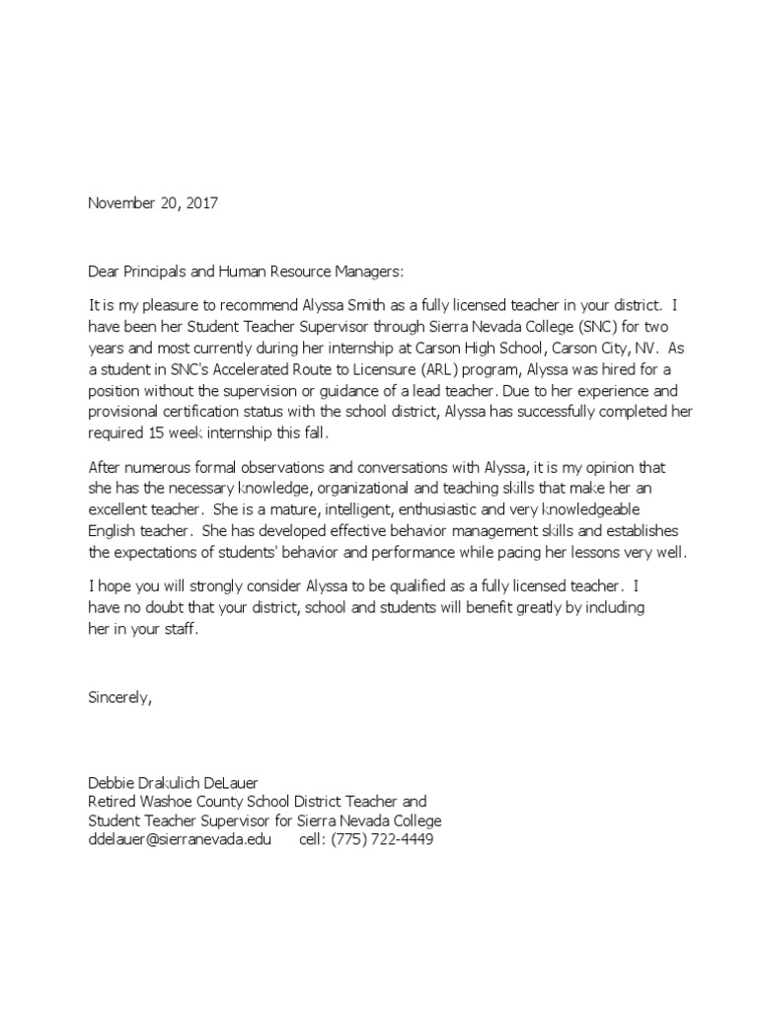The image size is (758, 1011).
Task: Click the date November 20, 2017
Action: pyautogui.click(x=153, y=203)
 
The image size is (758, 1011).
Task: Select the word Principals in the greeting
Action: pyautogui.click(x=159, y=271)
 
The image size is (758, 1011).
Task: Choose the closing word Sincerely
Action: pyautogui.click(x=120, y=697)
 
